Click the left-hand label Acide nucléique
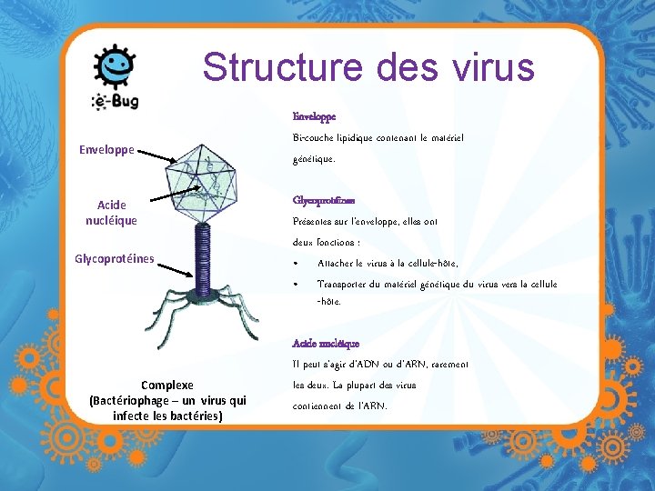tap(112, 212)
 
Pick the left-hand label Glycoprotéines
tap(114, 259)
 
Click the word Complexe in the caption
tap(166, 385)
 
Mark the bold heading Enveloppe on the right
tap(314, 116)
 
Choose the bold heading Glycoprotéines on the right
tap(324, 200)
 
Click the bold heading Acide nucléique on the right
tap(326, 343)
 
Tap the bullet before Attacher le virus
tap(297, 264)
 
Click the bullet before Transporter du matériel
tap(297, 285)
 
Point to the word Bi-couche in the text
tap(314, 138)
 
